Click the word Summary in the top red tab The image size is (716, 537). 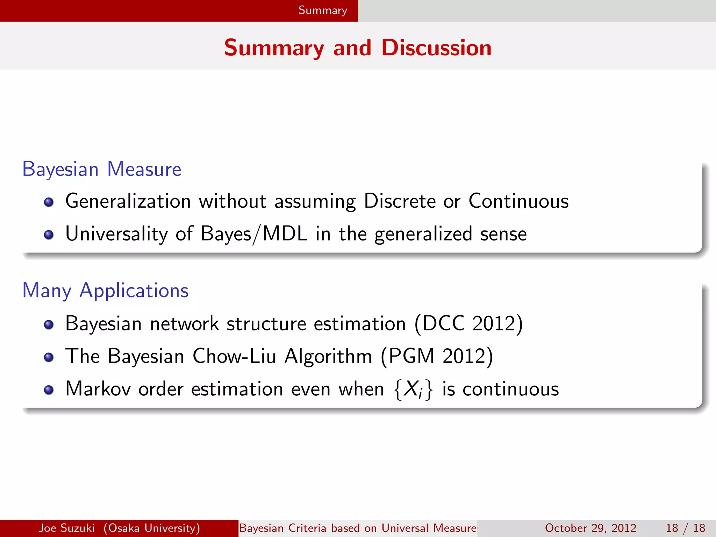click(323, 10)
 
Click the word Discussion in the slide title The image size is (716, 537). click(436, 48)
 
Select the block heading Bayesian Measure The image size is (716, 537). click(102, 169)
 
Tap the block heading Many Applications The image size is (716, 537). click(105, 291)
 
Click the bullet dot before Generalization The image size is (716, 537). click(49, 202)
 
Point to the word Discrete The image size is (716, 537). click(399, 201)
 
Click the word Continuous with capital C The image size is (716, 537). click(518, 201)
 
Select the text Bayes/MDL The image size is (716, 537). click(254, 234)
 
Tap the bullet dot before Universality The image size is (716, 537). click(49, 235)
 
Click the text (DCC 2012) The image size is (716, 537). click(468, 323)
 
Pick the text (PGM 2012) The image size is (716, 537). click(437, 356)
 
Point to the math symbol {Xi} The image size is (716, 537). click(413, 389)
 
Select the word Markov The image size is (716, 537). click(98, 389)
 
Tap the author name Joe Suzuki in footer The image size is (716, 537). click(66, 528)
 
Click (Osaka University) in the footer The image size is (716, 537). click(152, 528)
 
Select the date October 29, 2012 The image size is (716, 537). click(590, 528)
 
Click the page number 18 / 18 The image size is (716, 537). click(685, 528)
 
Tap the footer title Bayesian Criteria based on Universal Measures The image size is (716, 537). click(358, 528)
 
